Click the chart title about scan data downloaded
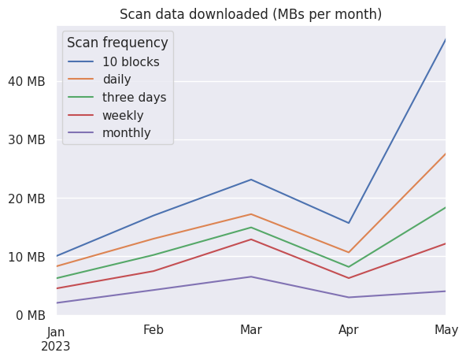pyautogui.click(x=250, y=14)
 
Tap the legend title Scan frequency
pyautogui.click(x=117, y=43)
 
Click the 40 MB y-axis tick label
pyautogui.click(x=27, y=81)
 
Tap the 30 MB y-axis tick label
pyautogui.click(x=27, y=139)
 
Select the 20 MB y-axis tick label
pyautogui.click(x=27, y=199)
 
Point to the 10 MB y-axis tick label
pyautogui.click(x=27, y=257)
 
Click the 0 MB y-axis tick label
pyautogui.click(x=31, y=315)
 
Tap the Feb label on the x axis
pyautogui.click(x=153, y=329)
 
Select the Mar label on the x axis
pyautogui.click(x=251, y=329)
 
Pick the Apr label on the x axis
pyautogui.click(x=348, y=330)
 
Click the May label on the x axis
pyautogui.click(x=446, y=330)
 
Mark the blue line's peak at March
pyautogui.click(x=251, y=180)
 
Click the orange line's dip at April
pyautogui.click(x=349, y=252)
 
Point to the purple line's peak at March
pyautogui.click(x=251, y=276)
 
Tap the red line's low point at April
pyautogui.click(x=349, y=278)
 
